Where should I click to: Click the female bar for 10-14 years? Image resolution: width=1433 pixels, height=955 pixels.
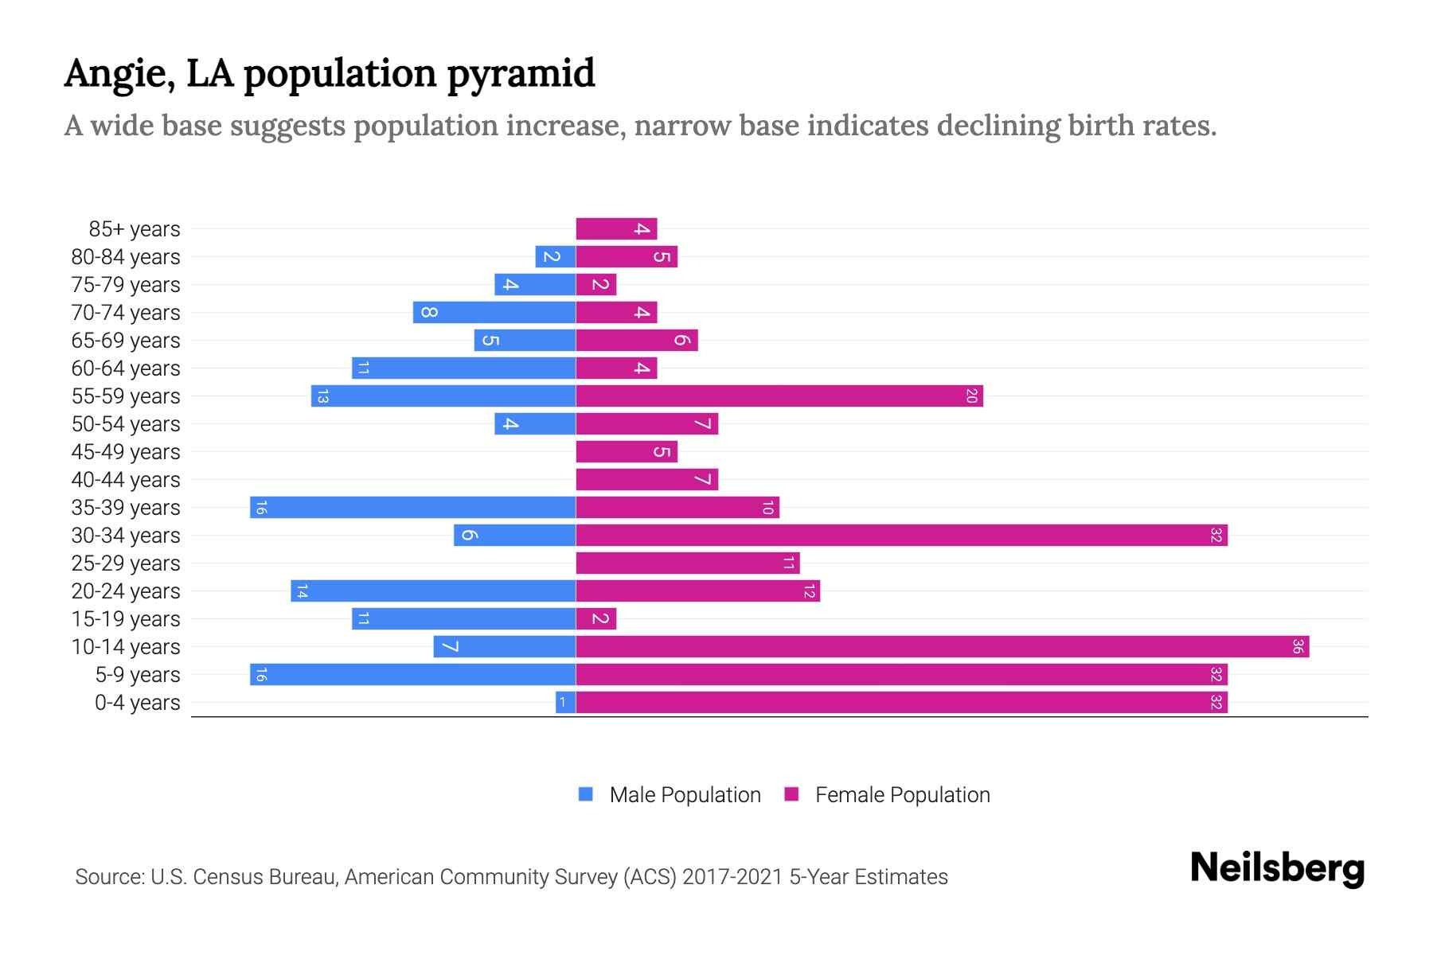[942, 647]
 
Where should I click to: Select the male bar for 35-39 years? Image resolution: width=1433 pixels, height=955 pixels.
[412, 508]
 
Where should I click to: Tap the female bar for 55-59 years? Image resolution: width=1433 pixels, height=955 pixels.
[779, 396]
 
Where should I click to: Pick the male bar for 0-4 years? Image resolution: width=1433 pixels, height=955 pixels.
[565, 703]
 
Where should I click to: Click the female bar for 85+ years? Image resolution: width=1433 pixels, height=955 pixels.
[616, 229]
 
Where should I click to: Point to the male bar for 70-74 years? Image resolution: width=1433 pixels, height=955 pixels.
[494, 313]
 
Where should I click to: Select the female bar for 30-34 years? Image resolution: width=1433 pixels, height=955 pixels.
[901, 536]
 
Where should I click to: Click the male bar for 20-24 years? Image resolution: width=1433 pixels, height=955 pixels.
[433, 591]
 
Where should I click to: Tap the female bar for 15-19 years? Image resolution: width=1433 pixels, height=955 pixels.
[595, 619]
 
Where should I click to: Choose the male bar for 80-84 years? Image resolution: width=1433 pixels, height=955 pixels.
[555, 257]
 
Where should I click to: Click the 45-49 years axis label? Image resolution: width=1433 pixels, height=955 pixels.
[126, 452]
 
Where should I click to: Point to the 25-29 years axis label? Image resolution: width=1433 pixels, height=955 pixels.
[126, 563]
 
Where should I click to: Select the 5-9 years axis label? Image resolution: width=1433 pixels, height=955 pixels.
[138, 675]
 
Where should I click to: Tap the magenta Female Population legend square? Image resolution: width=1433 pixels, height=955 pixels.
[791, 794]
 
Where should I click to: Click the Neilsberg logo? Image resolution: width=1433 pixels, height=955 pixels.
[1277, 867]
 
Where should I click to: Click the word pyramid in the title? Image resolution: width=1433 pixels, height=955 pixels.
[521, 74]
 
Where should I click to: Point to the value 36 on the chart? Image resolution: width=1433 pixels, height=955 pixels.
[1298, 647]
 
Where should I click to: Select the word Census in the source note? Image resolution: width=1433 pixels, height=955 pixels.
[226, 877]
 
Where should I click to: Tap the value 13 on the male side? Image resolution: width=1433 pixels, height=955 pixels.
[322, 396]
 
